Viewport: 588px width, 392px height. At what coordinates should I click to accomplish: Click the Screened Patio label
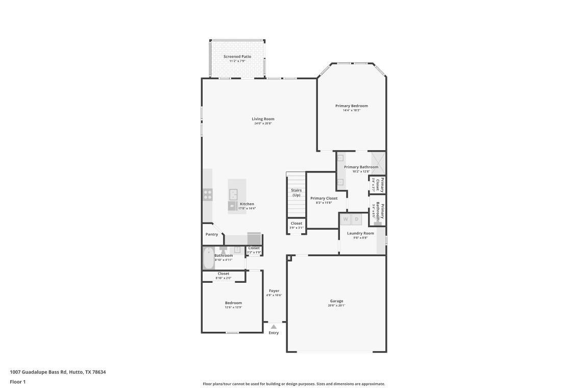237,56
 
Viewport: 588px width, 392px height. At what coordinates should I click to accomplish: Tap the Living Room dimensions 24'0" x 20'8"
263,124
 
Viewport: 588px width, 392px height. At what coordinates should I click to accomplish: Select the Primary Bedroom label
351,106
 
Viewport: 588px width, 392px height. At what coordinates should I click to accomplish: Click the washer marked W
346,219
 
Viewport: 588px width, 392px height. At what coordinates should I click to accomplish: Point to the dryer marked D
357,219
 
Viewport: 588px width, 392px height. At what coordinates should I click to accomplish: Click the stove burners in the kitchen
208,194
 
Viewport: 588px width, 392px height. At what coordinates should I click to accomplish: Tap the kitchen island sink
233,194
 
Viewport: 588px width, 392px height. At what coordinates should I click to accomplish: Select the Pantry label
212,234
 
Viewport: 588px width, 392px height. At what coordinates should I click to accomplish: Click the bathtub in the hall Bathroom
208,259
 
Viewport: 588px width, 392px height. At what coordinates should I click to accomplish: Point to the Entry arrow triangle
274,327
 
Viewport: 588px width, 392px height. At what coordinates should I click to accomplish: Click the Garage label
336,301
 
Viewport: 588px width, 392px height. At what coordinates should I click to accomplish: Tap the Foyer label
274,291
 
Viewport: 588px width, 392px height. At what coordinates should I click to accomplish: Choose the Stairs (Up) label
296,192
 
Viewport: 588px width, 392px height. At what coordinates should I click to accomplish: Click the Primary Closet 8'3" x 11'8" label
324,198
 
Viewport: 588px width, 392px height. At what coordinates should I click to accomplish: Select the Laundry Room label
360,233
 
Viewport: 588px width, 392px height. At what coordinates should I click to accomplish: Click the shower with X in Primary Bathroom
378,162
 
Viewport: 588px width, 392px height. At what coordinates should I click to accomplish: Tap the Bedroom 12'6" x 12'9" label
233,303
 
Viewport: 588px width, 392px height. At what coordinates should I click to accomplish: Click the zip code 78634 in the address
99,372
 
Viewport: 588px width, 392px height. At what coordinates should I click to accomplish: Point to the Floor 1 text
17,381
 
